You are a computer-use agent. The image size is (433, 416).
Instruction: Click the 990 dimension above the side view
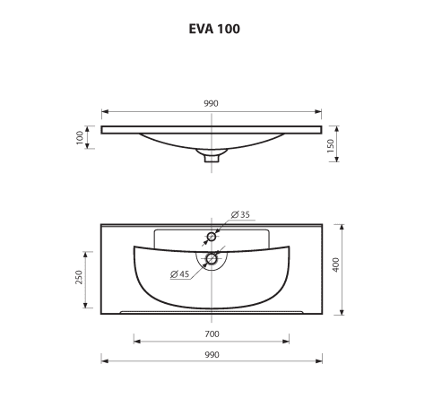coord(211,103)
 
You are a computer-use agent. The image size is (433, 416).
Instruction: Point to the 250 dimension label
coord(80,278)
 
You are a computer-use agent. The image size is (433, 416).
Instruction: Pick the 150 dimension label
coord(333,146)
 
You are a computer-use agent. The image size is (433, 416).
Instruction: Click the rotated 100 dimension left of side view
coord(80,137)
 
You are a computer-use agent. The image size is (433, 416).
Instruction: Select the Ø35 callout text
coord(239,215)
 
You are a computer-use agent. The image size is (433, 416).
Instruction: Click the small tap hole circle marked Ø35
coord(212,237)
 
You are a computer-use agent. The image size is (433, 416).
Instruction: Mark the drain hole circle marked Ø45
coord(212,259)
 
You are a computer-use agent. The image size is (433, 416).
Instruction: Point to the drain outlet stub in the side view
coord(212,159)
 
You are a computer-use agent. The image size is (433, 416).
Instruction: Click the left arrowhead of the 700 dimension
coord(136,340)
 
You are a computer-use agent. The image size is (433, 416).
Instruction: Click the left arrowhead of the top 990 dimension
coord(103,112)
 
